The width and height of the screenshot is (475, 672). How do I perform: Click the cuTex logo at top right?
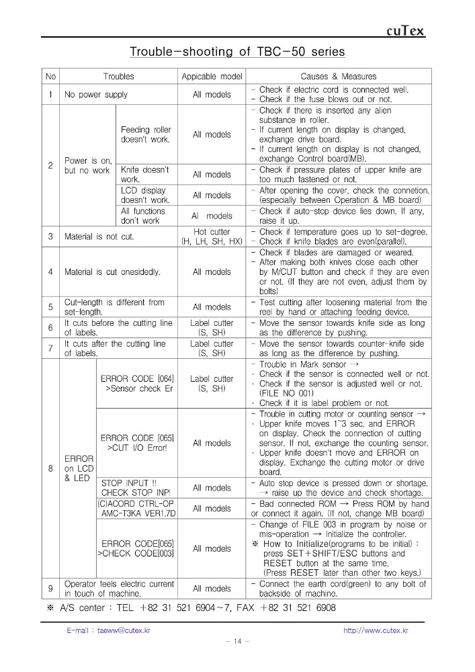(406, 31)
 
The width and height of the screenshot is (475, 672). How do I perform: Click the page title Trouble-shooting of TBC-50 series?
(237, 52)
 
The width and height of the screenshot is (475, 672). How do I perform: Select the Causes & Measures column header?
(338, 77)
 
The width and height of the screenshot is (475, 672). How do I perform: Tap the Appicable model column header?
(212, 77)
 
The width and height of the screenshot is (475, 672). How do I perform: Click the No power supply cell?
(96, 95)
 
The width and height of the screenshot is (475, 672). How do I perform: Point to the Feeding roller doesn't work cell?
(146, 134)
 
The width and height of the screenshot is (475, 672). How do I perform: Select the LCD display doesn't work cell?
(145, 196)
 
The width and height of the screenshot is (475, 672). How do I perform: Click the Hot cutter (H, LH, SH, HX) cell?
(212, 236)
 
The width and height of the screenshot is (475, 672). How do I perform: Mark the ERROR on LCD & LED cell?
(79, 468)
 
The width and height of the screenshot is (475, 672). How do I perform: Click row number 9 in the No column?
(51, 589)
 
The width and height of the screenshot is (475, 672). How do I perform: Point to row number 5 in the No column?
(51, 307)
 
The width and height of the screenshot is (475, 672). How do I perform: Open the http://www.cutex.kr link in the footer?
(376, 630)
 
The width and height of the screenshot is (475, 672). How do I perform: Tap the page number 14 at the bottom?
(237, 642)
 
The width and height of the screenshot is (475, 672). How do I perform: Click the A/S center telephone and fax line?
(191, 608)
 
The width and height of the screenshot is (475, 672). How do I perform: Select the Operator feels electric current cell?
(119, 589)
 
